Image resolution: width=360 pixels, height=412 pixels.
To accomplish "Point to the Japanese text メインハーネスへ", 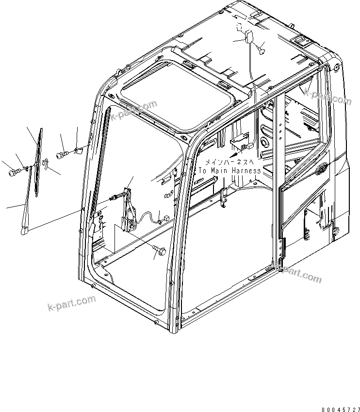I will click(x=229, y=162).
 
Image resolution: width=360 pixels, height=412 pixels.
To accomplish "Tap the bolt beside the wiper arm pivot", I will click(x=14, y=171).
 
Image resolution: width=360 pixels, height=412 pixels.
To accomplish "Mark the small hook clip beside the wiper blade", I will click(x=45, y=164).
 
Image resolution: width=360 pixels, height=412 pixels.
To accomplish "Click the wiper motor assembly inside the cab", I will click(x=130, y=208).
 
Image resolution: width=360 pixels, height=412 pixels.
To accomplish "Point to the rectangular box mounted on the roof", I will click(x=251, y=37).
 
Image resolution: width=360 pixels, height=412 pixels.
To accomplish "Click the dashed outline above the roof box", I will click(x=240, y=27).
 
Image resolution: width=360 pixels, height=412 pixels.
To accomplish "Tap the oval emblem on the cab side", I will click(x=321, y=170).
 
